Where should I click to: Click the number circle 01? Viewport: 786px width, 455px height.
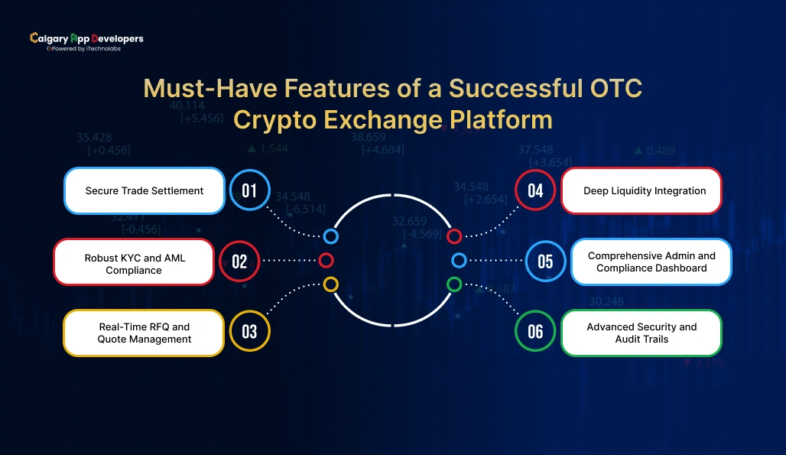coord(249,190)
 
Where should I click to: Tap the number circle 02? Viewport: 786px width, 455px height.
coord(239,262)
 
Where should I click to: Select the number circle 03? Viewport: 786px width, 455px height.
coord(249,332)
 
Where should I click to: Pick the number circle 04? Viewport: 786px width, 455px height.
coord(535,190)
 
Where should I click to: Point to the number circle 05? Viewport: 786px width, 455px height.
coord(545,262)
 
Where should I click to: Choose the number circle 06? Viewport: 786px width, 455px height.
coord(535,331)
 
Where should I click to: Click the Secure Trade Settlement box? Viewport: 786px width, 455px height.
coord(145,190)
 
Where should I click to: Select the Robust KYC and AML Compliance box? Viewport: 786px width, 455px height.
coord(134,262)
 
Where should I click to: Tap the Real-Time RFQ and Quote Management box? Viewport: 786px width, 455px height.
coord(144,333)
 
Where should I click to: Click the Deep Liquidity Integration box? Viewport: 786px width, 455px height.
coord(641,190)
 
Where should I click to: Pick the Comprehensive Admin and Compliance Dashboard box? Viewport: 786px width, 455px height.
coord(651,262)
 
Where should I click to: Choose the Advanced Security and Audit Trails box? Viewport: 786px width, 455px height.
coord(641,333)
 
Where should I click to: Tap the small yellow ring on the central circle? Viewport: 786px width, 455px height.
coord(330,284)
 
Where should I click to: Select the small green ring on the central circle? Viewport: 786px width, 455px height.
coord(454,284)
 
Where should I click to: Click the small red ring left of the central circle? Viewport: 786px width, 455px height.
coord(326,261)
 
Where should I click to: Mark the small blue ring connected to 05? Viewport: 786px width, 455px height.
coord(459,261)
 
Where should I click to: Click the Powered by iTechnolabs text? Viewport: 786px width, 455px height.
coord(86,48)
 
